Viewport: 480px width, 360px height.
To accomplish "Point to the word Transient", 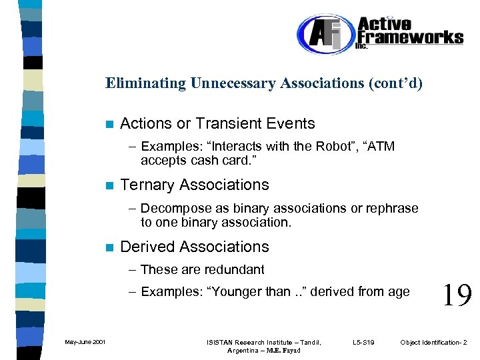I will pos(225,123).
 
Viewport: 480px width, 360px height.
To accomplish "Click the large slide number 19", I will pos(457,293).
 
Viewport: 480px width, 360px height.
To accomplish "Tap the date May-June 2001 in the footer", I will pos(85,342).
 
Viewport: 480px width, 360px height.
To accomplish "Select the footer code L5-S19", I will pos(363,342).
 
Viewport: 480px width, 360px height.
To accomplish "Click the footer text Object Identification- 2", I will pos(434,342).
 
